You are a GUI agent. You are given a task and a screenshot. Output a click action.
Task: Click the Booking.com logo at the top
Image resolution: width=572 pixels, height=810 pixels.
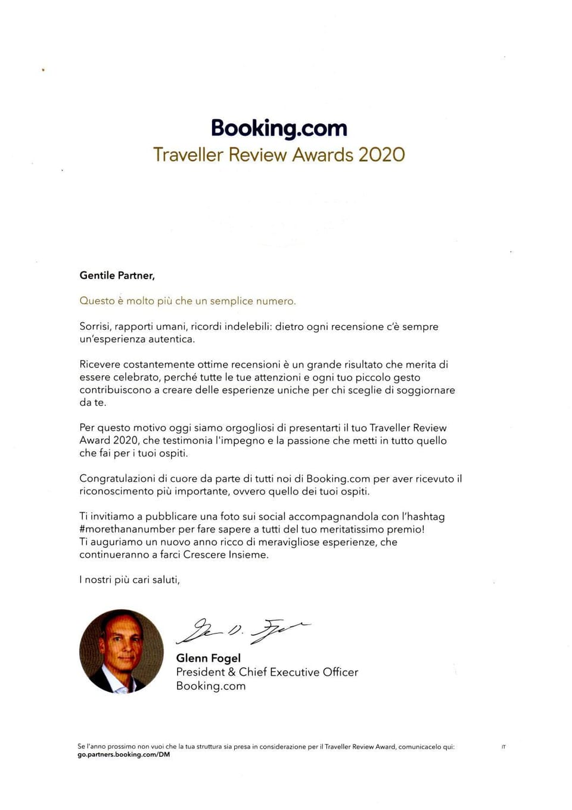[x=279, y=128]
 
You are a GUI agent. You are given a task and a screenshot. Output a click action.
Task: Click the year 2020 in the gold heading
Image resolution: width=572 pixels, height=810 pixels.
[x=381, y=155]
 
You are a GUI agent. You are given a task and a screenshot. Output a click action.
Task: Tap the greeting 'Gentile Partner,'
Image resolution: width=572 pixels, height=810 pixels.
[x=117, y=276]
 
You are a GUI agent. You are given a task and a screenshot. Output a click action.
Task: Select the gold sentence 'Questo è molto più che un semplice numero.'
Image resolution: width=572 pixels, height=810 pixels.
[x=188, y=301]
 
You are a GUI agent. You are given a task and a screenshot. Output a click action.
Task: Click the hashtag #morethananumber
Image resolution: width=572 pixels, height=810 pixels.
[x=128, y=529]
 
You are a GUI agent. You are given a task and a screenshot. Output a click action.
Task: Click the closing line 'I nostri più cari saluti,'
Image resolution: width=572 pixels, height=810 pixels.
[x=129, y=580]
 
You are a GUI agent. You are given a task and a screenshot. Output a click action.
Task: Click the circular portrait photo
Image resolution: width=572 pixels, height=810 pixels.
[x=122, y=651]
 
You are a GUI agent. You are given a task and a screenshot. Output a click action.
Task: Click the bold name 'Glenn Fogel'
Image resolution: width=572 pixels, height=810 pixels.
[x=209, y=658]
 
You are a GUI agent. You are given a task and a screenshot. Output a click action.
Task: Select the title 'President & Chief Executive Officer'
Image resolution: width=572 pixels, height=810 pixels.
[x=267, y=672]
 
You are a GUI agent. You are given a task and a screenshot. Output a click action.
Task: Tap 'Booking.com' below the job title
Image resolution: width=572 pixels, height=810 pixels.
[x=211, y=686]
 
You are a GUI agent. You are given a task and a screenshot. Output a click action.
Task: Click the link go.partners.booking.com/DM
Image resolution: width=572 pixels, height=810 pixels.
[x=123, y=755]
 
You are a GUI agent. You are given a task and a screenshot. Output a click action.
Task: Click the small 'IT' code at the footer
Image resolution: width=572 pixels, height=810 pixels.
[x=503, y=747]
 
